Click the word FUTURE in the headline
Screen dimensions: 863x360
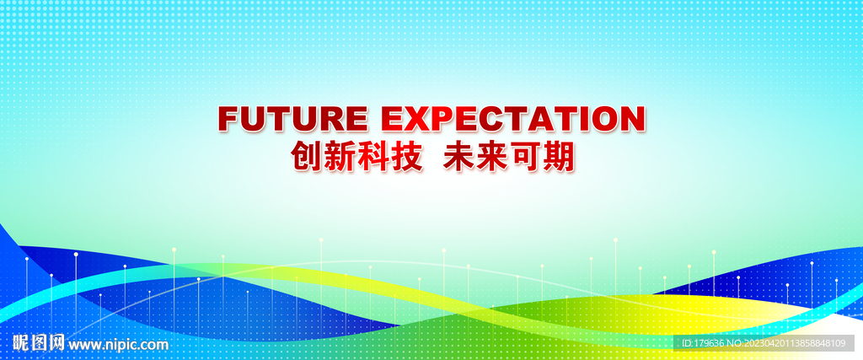pos(292,118)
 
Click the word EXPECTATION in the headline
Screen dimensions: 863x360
pos(513,118)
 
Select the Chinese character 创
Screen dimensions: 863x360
pos(308,156)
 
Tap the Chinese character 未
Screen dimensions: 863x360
pos(460,156)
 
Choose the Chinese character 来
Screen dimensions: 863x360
pos(493,156)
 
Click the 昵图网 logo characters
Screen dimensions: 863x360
pos(39,343)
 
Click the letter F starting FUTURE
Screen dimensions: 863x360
pos(230,118)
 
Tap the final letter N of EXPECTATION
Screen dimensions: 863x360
pos(632,118)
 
